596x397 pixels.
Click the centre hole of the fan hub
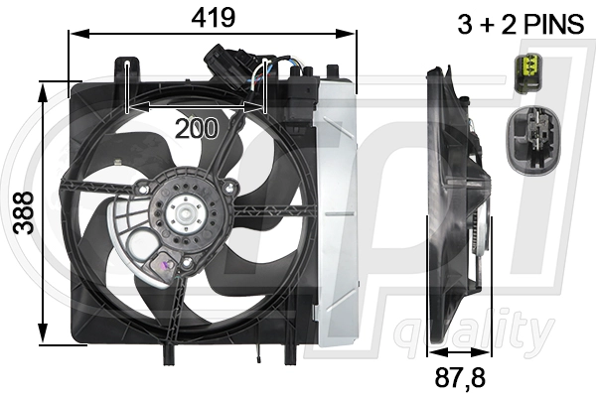click(x=185, y=211)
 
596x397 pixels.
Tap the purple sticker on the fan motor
click(x=161, y=265)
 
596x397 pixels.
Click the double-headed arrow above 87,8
click(x=458, y=351)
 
